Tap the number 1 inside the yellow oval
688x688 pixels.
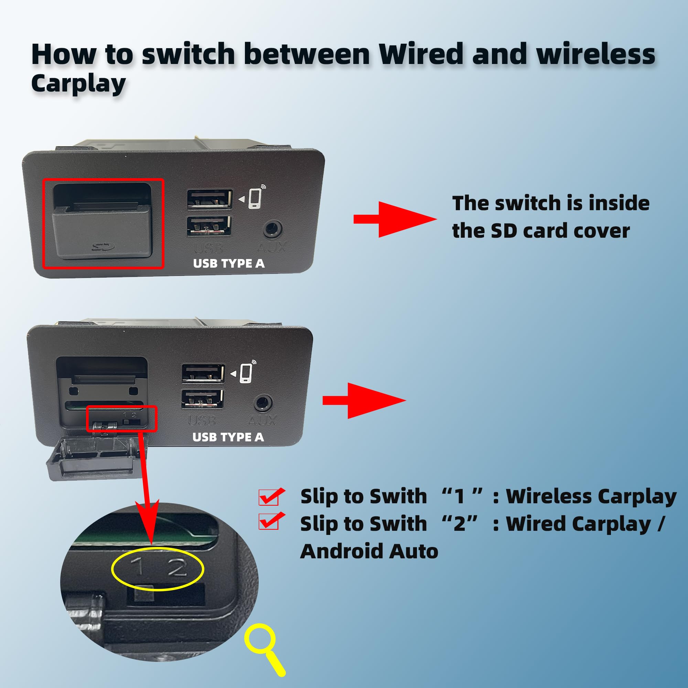pyautogui.click(x=137, y=566)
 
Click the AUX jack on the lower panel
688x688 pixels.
pyautogui.click(x=263, y=404)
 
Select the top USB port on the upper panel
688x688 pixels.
pyautogui.click(x=210, y=199)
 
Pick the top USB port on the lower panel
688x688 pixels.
pyautogui.click(x=203, y=374)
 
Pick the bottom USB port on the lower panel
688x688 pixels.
pyautogui.click(x=202, y=398)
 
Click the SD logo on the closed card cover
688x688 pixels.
pyautogui.click(x=103, y=246)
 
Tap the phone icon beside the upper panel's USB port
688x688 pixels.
pyautogui.click(x=255, y=198)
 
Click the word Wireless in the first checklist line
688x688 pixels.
pyautogui.click(x=549, y=496)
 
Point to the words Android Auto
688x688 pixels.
pyautogui.click(x=369, y=552)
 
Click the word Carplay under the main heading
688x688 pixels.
pyautogui.click(x=78, y=84)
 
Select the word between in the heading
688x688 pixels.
pyautogui.click(x=307, y=54)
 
